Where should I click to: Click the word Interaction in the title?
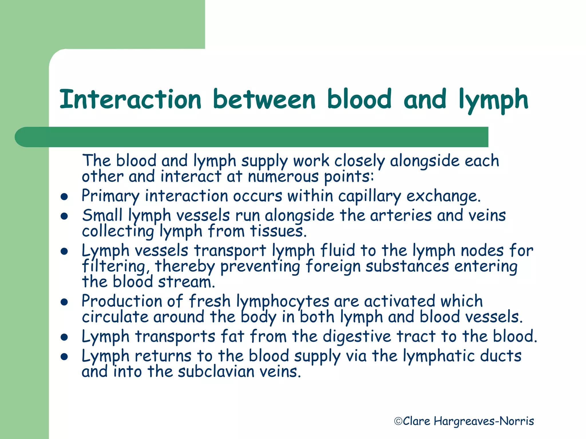pyautogui.click(x=130, y=99)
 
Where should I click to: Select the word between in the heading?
pyautogui.click(x=264, y=99)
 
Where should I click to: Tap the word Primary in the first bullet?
pyautogui.click(x=110, y=197)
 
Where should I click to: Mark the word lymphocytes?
pyautogui.click(x=283, y=302)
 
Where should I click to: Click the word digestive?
pyautogui.click(x=357, y=337)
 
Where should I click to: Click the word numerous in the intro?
pyautogui.click(x=283, y=176)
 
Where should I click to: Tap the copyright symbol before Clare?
pyautogui.click(x=398, y=421)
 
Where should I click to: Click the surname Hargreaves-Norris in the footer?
pyautogui.click(x=484, y=421)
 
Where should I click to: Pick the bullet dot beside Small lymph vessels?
pyautogui.click(x=64, y=216)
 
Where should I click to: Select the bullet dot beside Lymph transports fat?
pyautogui.click(x=64, y=337)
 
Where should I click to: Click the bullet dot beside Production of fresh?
pyautogui.click(x=64, y=302)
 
